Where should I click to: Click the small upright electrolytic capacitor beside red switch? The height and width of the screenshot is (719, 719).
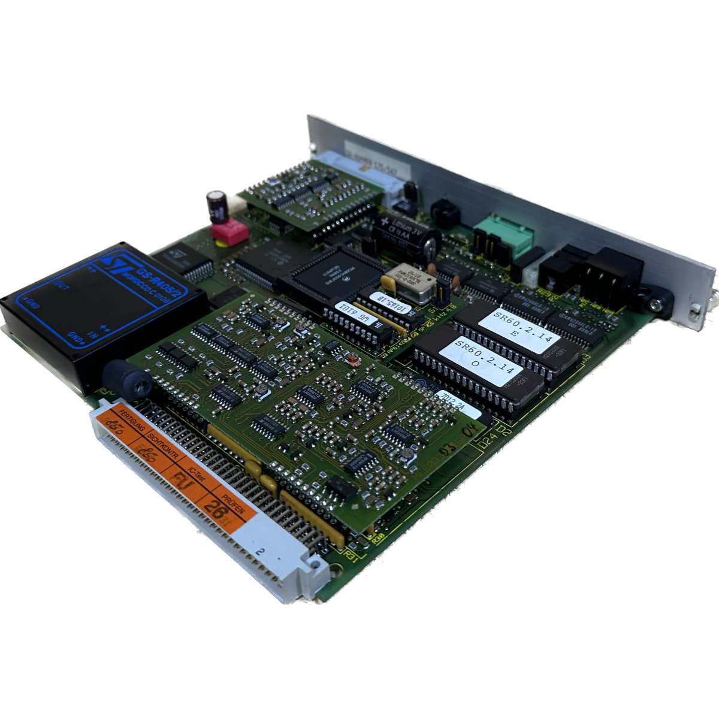pyautogui.click(x=217, y=205)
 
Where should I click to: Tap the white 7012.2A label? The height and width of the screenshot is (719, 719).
pyautogui.click(x=455, y=398)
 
